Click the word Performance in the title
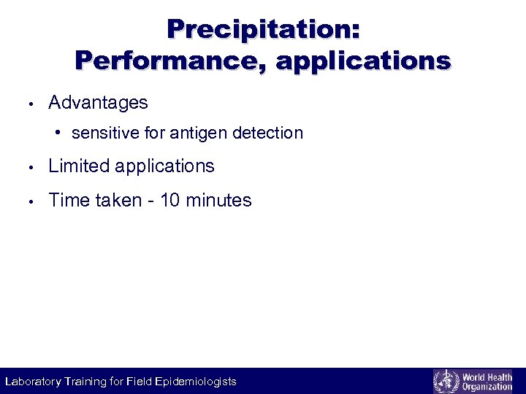pos(171,60)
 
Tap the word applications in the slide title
pos(363,61)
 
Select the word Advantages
pos(98,103)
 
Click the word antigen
pos(199,134)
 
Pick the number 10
pos(169,201)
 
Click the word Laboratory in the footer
pos(34,382)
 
